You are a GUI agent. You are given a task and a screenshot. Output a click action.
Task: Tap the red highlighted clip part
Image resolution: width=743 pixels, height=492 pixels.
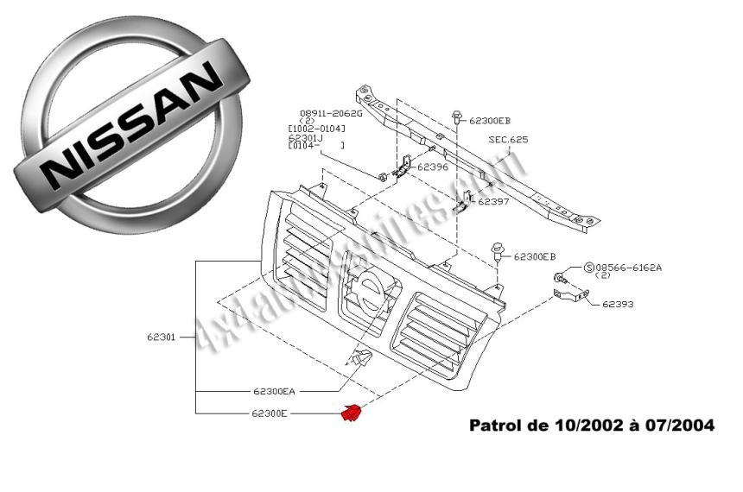[352, 413]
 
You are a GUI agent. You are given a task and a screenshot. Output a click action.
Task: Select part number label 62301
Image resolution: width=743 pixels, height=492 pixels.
[162, 337]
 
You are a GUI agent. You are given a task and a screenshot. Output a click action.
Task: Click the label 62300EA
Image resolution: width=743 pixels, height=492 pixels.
[275, 389]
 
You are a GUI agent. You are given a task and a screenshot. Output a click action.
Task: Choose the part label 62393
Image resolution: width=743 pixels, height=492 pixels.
[618, 304]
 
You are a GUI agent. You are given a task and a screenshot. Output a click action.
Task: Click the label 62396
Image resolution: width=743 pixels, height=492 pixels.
[433, 167]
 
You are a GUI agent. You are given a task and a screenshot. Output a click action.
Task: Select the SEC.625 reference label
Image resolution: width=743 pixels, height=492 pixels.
[507, 139]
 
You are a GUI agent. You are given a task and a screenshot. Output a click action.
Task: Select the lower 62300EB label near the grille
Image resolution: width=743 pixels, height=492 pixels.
[535, 256]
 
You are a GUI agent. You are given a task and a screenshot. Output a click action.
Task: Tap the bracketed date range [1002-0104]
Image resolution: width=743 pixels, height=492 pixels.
[316, 129]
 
